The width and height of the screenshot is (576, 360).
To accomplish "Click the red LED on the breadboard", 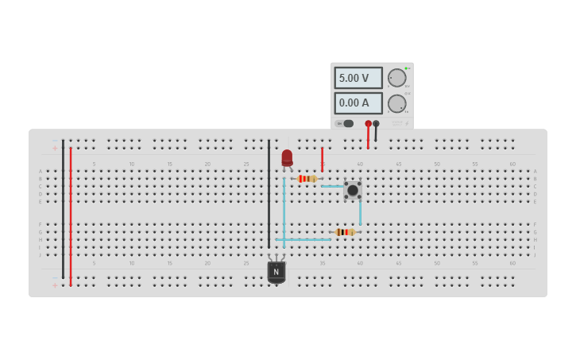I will point(287,158).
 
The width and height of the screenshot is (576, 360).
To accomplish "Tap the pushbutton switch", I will point(352,190).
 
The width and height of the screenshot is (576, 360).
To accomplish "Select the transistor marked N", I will point(276,271).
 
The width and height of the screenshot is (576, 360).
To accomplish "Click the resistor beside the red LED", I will point(307,179).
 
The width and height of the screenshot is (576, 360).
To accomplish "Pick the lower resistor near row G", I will point(345,232).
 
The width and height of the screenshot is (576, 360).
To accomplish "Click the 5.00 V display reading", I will point(358,78).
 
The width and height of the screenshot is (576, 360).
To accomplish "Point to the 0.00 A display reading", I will point(358,103).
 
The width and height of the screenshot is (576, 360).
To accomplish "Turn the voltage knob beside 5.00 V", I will point(396,78).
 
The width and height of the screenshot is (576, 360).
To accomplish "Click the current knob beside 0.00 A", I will point(396,103).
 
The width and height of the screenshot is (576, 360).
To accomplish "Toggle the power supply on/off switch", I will point(345,123).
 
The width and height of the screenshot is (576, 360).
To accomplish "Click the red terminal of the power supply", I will point(368,124).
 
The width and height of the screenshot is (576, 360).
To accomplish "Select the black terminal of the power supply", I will point(376,124).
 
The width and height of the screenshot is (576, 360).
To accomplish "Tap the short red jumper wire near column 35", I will point(322,158).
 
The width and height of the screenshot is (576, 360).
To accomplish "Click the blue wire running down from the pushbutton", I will point(360,213).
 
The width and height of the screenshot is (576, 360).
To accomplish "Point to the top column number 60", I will point(512,165).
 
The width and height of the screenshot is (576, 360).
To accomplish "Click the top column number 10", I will point(132,165).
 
